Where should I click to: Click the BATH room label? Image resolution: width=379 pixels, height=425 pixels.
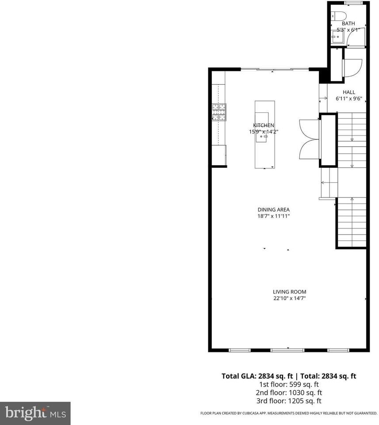(348, 23)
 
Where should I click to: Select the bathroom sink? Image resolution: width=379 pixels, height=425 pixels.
(337, 37)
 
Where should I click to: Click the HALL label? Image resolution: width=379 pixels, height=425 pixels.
(348, 92)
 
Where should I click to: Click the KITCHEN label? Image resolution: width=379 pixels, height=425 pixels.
(264, 125)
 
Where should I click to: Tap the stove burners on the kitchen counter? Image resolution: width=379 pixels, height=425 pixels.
(218, 112)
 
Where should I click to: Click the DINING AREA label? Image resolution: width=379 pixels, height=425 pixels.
(274, 210)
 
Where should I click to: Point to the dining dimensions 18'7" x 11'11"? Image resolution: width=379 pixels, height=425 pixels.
(274, 216)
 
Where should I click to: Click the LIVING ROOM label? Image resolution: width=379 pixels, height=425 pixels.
(289, 292)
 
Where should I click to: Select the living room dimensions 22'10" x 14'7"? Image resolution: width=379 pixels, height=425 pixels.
(289, 298)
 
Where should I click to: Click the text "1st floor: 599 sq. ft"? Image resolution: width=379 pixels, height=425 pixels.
(289, 384)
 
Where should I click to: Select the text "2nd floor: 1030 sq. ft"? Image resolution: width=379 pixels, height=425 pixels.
(289, 393)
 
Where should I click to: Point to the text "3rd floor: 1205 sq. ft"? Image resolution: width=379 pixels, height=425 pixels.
(289, 401)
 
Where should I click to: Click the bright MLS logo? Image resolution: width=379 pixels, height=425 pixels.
(35, 413)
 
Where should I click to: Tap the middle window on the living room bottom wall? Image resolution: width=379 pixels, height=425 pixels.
(284, 350)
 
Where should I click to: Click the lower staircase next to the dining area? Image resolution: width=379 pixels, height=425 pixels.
(352, 221)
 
